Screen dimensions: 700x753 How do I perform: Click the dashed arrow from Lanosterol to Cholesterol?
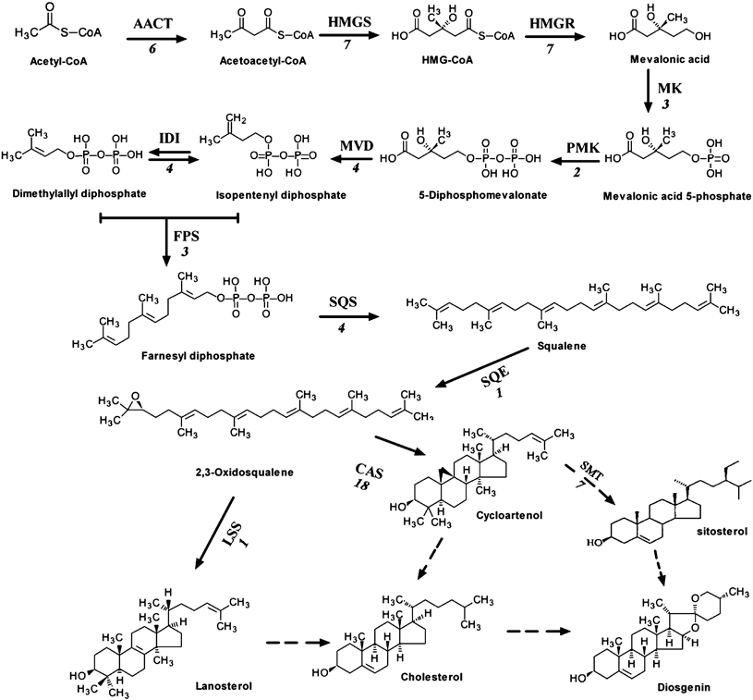(x=298, y=638)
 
